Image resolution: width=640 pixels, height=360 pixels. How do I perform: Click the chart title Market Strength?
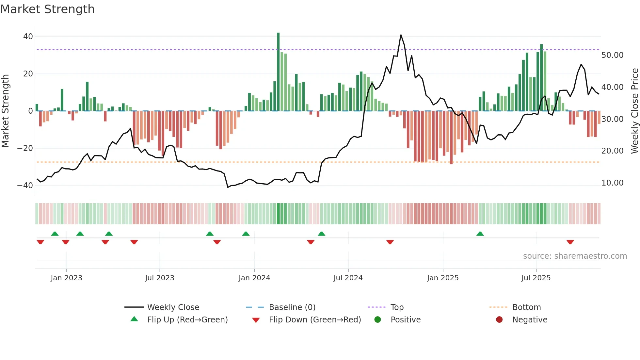[x=48, y=9]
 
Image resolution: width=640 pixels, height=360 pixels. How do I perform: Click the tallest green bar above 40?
[x=278, y=72]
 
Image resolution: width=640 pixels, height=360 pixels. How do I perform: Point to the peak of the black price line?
[x=401, y=35]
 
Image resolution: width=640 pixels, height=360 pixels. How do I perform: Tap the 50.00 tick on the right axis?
[x=612, y=55]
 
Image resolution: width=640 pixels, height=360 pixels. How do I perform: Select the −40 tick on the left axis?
[x=25, y=186]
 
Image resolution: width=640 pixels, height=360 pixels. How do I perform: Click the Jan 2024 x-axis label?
[x=254, y=278]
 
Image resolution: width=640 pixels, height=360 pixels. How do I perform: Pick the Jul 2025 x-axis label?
[x=536, y=278]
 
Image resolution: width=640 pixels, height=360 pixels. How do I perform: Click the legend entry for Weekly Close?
[x=173, y=307]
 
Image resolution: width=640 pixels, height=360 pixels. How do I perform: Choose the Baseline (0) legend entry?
[x=292, y=307]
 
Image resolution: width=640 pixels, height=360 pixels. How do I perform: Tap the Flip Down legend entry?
[x=314, y=320]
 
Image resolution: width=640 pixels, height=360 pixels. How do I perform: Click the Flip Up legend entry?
[x=187, y=320]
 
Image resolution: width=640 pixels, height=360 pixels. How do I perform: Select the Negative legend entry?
[x=529, y=320]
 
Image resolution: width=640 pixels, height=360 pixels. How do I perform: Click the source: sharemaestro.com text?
[x=575, y=256]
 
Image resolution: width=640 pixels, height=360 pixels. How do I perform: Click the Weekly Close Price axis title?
[x=634, y=111]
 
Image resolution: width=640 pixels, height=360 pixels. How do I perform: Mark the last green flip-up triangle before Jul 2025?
[x=480, y=234]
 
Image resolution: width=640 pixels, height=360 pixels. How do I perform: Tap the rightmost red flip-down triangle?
[x=570, y=242]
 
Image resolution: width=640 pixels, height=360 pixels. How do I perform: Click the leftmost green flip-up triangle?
[x=55, y=234]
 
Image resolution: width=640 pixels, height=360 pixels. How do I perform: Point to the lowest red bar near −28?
[x=451, y=137]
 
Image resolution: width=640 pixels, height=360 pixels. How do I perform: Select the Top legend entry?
[x=397, y=307]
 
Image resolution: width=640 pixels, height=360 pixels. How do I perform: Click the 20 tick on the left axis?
[x=28, y=74]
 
